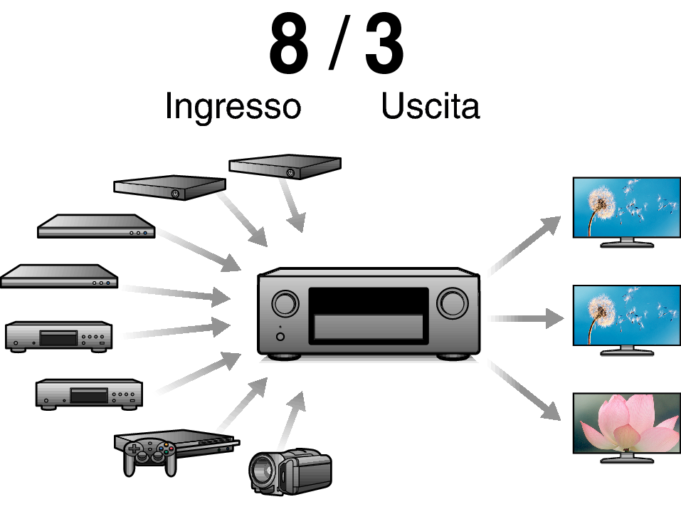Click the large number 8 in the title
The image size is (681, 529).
coord(289,44)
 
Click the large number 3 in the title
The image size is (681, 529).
coord(384,44)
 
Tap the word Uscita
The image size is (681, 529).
coord(431,105)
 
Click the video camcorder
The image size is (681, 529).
coord(290,471)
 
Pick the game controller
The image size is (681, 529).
coord(150,456)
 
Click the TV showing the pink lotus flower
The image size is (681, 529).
coord(627,428)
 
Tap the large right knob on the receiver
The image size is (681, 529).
coord(453,303)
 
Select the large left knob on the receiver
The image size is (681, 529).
coord(285,303)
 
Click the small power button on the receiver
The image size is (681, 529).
coord(280,337)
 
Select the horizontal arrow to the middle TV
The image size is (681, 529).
coord(526,319)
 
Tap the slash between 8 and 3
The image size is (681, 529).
coord(339,43)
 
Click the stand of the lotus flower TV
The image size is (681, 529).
coord(627,458)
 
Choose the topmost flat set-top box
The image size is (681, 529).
coord(285,166)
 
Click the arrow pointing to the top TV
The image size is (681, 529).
coord(524,246)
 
